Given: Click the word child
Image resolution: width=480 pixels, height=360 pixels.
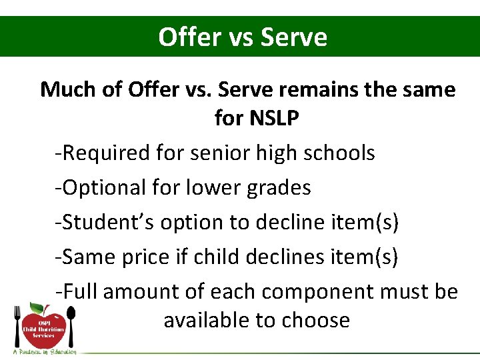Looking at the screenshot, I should pyautogui.click(x=217, y=257).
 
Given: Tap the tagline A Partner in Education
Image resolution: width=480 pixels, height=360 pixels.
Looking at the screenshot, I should pyautogui.click(x=44, y=351).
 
